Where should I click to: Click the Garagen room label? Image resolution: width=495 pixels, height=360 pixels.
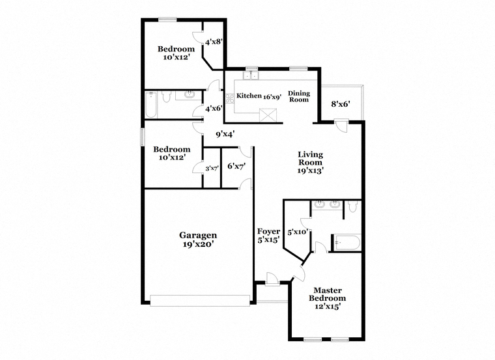click(198, 236)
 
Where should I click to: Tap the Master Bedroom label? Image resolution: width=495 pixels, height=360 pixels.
click(328, 294)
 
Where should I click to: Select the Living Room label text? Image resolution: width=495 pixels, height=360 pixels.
click(310, 158)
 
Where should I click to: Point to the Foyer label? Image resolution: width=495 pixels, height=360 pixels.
click(268, 231)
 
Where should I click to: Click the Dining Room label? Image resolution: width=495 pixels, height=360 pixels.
click(299, 96)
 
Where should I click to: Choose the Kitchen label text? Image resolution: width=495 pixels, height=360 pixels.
click(249, 96)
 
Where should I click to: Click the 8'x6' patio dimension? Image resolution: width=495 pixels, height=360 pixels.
click(341, 104)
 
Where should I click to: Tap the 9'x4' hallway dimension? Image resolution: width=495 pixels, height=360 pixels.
click(225, 134)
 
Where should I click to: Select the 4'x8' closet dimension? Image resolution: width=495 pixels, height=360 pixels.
click(214, 41)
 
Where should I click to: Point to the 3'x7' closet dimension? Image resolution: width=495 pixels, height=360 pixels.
click(212, 169)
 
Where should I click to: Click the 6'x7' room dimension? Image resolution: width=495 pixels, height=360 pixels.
click(237, 166)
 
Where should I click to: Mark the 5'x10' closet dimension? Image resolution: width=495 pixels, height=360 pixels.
click(298, 232)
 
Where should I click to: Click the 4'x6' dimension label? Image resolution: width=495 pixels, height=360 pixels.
click(214, 109)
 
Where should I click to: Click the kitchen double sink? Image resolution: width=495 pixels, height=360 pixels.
click(251, 76)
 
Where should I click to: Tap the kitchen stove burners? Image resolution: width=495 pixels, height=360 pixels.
click(229, 98)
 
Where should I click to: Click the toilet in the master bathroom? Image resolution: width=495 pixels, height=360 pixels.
click(353, 206)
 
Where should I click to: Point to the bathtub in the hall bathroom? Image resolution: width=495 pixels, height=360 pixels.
click(151, 105)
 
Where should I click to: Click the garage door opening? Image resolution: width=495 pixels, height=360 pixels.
click(200, 301)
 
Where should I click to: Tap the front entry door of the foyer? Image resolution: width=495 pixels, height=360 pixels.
click(272, 279)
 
